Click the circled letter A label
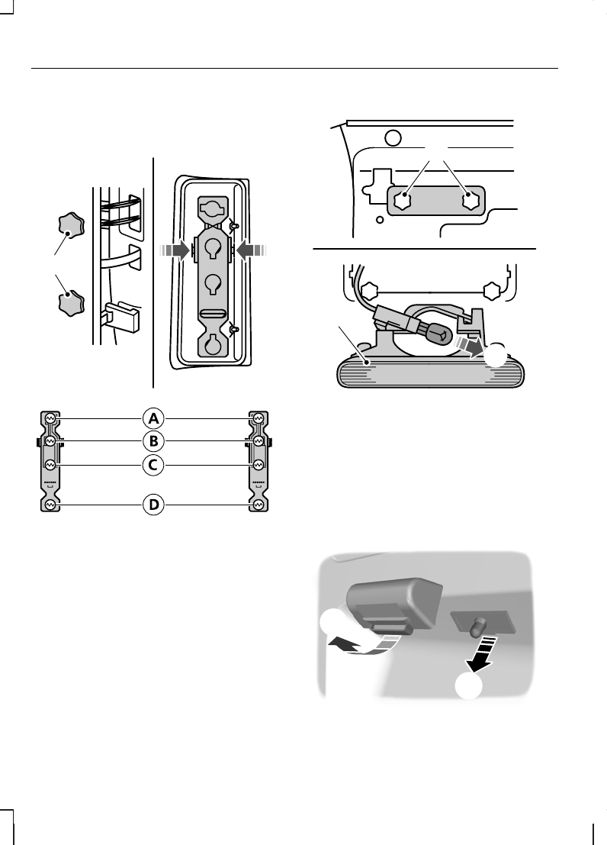click(154, 418)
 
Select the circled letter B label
click(154, 441)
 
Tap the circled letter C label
click(154, 464)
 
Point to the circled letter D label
click(154, 505)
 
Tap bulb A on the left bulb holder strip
click(50, 418)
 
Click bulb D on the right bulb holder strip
click(259, 505)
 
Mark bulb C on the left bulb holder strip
click(50, 465)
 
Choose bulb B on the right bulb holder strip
click(259, 441)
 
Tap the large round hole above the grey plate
click(393, 138)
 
